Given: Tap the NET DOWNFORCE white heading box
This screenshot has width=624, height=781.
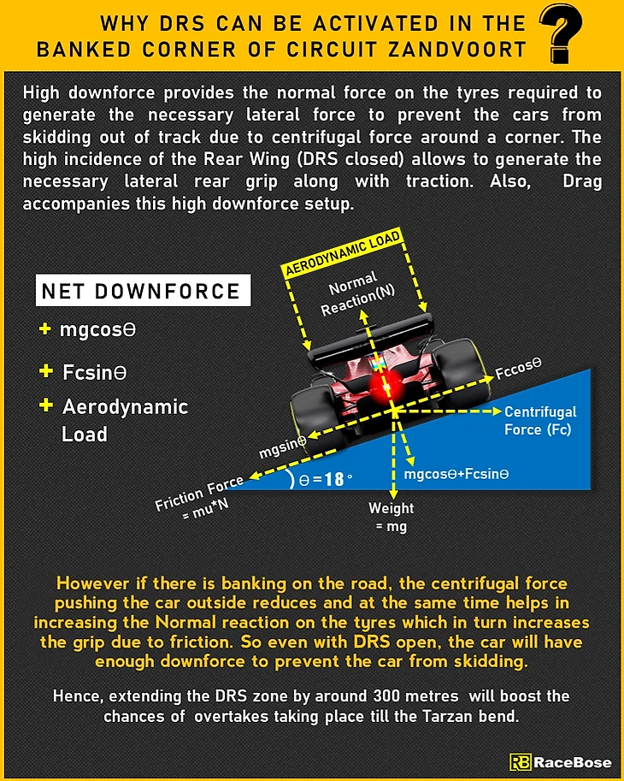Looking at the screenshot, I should click(x=142, y=292).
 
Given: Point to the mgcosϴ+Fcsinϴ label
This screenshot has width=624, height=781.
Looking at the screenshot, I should click(x=456, y=473).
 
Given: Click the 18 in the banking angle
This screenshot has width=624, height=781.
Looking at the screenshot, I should click(x=333, y=479).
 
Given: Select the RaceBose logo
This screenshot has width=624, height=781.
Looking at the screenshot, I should click(x=560, y=762).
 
